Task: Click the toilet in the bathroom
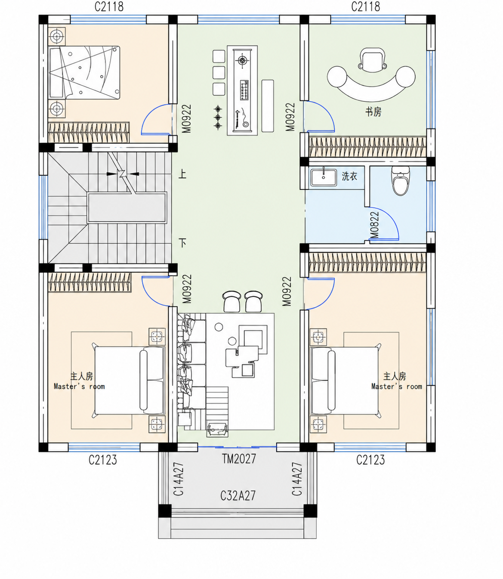400,180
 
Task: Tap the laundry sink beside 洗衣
324,178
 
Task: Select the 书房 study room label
373,112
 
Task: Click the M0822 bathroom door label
374,225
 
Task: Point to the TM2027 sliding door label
239,458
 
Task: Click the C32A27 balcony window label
238,495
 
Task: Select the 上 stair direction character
182,174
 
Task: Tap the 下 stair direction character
183,243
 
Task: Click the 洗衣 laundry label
349,176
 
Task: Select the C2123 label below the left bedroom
103,460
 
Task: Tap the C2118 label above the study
366,6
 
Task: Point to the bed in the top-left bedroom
84,73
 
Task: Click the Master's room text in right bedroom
397,386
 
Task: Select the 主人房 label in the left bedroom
81,376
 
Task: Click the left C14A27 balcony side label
179,479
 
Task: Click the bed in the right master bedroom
345,381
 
